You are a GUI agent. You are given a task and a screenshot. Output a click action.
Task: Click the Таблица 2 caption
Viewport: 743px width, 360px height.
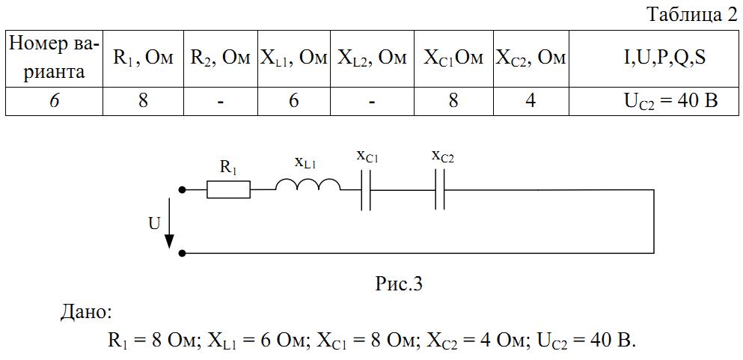[x=693, y=16]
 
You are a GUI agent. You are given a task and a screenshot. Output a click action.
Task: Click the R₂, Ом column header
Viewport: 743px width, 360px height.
[x=220, y=58]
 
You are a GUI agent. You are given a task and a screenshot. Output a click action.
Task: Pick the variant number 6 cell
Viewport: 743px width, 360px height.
[x=55, y=101]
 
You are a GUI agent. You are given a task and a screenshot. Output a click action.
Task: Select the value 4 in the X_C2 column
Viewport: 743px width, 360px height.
[x=531, y=101]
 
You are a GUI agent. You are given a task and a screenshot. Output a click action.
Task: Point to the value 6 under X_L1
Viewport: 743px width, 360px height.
[x=294, y=101]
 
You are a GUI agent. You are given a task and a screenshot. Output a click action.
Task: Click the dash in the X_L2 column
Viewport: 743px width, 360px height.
[x=372, y=102]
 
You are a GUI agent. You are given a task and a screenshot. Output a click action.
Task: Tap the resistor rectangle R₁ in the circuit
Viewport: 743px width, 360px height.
[x=228, y=190]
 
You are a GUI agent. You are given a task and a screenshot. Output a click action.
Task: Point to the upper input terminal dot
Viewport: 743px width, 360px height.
[x=182, y=190]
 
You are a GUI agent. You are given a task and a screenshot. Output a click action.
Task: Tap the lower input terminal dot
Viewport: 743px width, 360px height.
[x=182, y=254]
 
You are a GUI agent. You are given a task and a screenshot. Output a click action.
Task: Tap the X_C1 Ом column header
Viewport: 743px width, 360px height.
[x=453, y=58]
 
